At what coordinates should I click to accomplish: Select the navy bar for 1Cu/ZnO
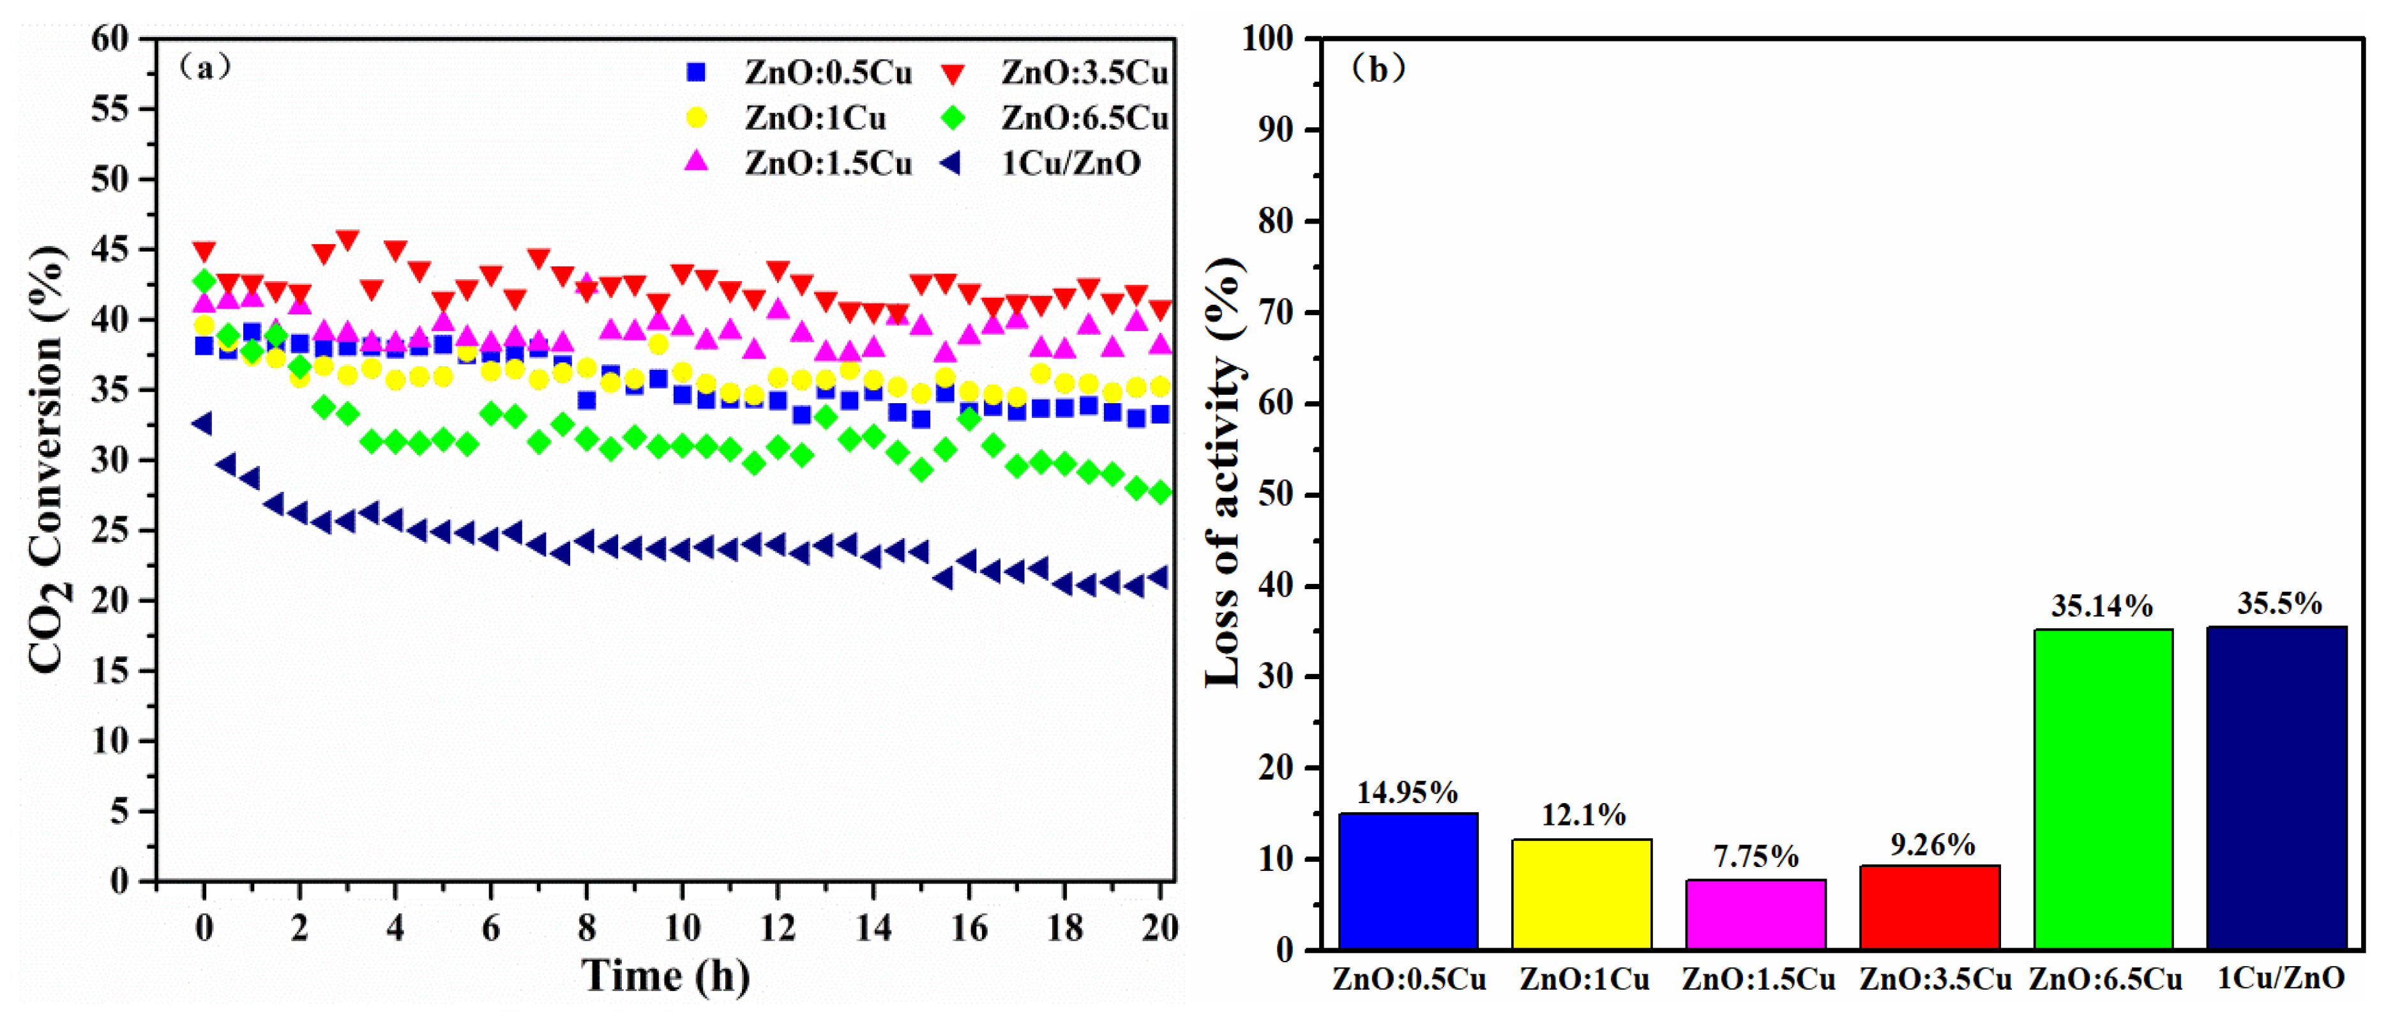[2277, 788]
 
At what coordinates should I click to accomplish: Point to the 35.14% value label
[2102, 606]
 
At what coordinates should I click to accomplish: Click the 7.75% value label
[1755, 856]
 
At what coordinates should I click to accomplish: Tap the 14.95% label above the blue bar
[1407, 792]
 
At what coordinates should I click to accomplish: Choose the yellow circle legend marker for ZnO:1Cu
[697, 118]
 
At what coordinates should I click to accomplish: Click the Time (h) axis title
[665, 976]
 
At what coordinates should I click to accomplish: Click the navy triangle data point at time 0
[202, 424]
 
